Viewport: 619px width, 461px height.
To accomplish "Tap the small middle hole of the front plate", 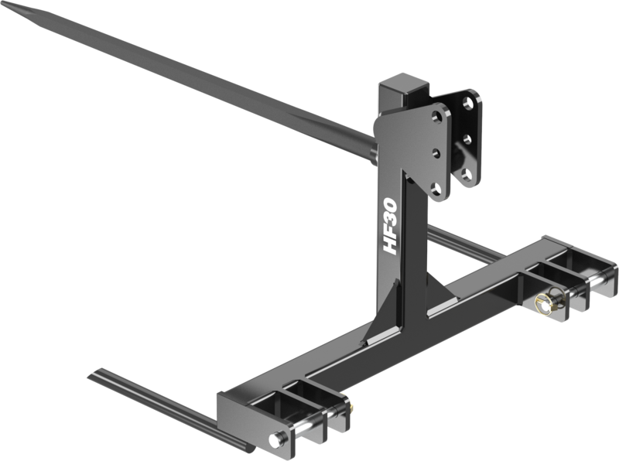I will tap(434, 152).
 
